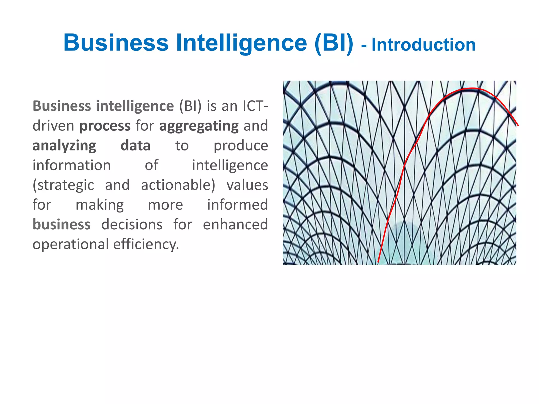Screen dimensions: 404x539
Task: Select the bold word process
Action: (x=105, y=126)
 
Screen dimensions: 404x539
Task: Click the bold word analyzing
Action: (x=64, y=146)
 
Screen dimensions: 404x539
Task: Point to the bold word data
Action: (x=135, y=146)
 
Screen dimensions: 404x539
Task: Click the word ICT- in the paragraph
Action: (x=255, y=106)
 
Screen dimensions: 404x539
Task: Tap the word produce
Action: (x=241, y=146)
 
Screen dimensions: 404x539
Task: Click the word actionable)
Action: (x=178, y=185)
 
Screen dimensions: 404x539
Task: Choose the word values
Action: (x=247, y=185)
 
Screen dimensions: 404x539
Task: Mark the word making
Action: (x=99, y=205)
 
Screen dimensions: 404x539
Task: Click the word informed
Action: (x=237, y=205)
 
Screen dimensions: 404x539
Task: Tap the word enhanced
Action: (x=235, y=225)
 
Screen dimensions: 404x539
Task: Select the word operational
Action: (x=71, y=245)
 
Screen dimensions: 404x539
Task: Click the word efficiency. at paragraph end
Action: (x=146, y=245)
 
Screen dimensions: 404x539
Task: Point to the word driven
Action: (x=53, y=126)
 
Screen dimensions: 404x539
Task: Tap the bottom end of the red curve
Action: (x=378, y=262)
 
